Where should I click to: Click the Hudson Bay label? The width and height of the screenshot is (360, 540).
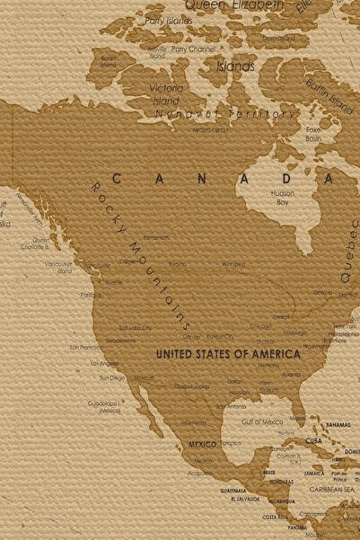pos(282,198)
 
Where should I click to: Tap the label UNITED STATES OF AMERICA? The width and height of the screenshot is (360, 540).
pos(228,354)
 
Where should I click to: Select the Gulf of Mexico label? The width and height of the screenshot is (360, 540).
pos(261,421)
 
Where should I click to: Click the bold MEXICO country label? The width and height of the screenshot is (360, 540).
pos(202,445)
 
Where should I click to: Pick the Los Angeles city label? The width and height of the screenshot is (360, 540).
pos(105,363)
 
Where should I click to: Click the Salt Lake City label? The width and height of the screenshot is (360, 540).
pos(136,328)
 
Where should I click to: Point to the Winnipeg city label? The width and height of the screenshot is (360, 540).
pos(233,264)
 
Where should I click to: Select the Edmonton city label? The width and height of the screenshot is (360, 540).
pos(155,237)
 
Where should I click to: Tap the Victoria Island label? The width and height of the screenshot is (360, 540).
pos(166,93)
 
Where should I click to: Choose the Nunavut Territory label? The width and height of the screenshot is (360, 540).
pos(225,114)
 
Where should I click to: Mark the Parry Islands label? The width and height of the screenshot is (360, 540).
pos(169,19)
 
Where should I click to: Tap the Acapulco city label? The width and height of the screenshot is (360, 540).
pos(200,473)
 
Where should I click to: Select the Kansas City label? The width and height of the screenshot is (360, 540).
pos(220,337)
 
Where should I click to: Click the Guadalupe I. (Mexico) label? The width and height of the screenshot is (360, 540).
pos(104,406)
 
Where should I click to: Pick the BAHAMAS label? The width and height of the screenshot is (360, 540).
pos(338,424)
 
